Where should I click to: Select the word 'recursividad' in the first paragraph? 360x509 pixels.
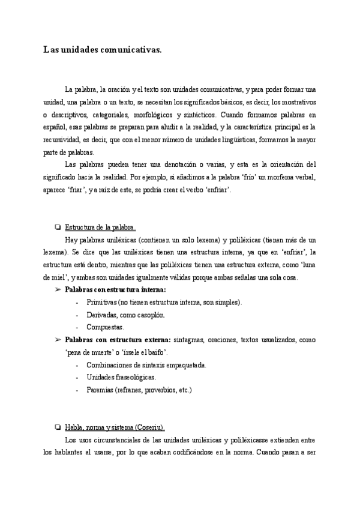(62, 140)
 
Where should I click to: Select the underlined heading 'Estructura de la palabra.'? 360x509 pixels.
(100, 227)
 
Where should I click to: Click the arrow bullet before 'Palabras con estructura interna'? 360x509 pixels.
(58, 290)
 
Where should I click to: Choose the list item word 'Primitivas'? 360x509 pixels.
(101, 303)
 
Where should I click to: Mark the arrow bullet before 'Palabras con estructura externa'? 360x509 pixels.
(58, 340)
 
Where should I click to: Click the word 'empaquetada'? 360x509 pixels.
(185, 365)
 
